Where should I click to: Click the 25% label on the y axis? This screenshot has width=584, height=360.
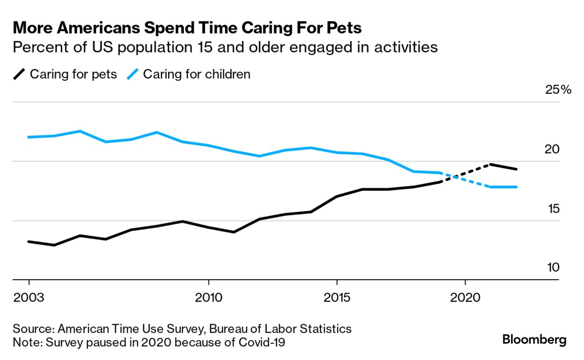558,90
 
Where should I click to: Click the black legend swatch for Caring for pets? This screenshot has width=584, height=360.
19,74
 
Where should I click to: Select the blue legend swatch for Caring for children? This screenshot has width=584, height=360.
133,74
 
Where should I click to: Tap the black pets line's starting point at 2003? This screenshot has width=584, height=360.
29,242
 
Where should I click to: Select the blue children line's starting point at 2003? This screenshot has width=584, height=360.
29,137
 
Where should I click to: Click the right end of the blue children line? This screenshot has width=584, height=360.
516,187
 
